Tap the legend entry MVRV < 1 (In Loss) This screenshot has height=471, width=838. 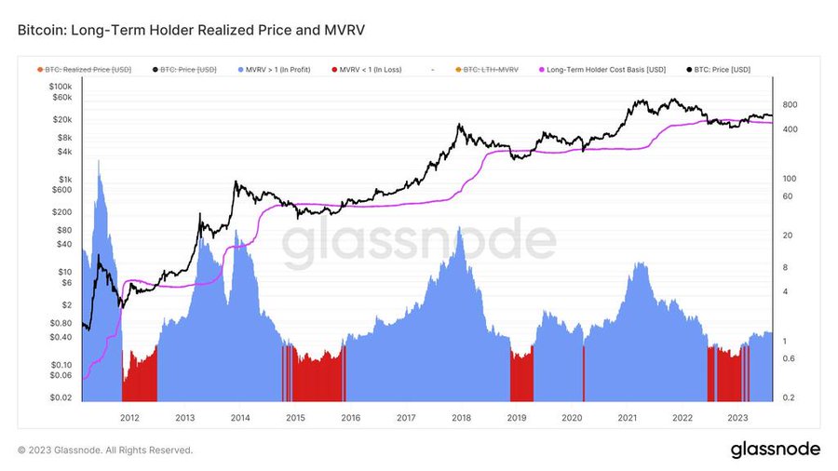point(370,69)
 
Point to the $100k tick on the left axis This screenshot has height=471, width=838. point(59,87)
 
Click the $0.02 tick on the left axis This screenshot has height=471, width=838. point(60,397)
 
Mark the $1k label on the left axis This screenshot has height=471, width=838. point(64,179)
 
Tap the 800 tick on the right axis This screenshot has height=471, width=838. point(788,104)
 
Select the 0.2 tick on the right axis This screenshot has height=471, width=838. point(787,397)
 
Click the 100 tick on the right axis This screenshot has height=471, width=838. point(788,178)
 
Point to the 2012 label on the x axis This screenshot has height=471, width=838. point(129,418)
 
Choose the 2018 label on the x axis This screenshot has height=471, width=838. point(461,418)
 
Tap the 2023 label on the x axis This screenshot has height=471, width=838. point(737,418)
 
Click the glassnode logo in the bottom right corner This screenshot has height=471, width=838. point(774,450)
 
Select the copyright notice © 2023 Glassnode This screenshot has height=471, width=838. point(105,451)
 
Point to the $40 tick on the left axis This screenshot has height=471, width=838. point(63,244)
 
